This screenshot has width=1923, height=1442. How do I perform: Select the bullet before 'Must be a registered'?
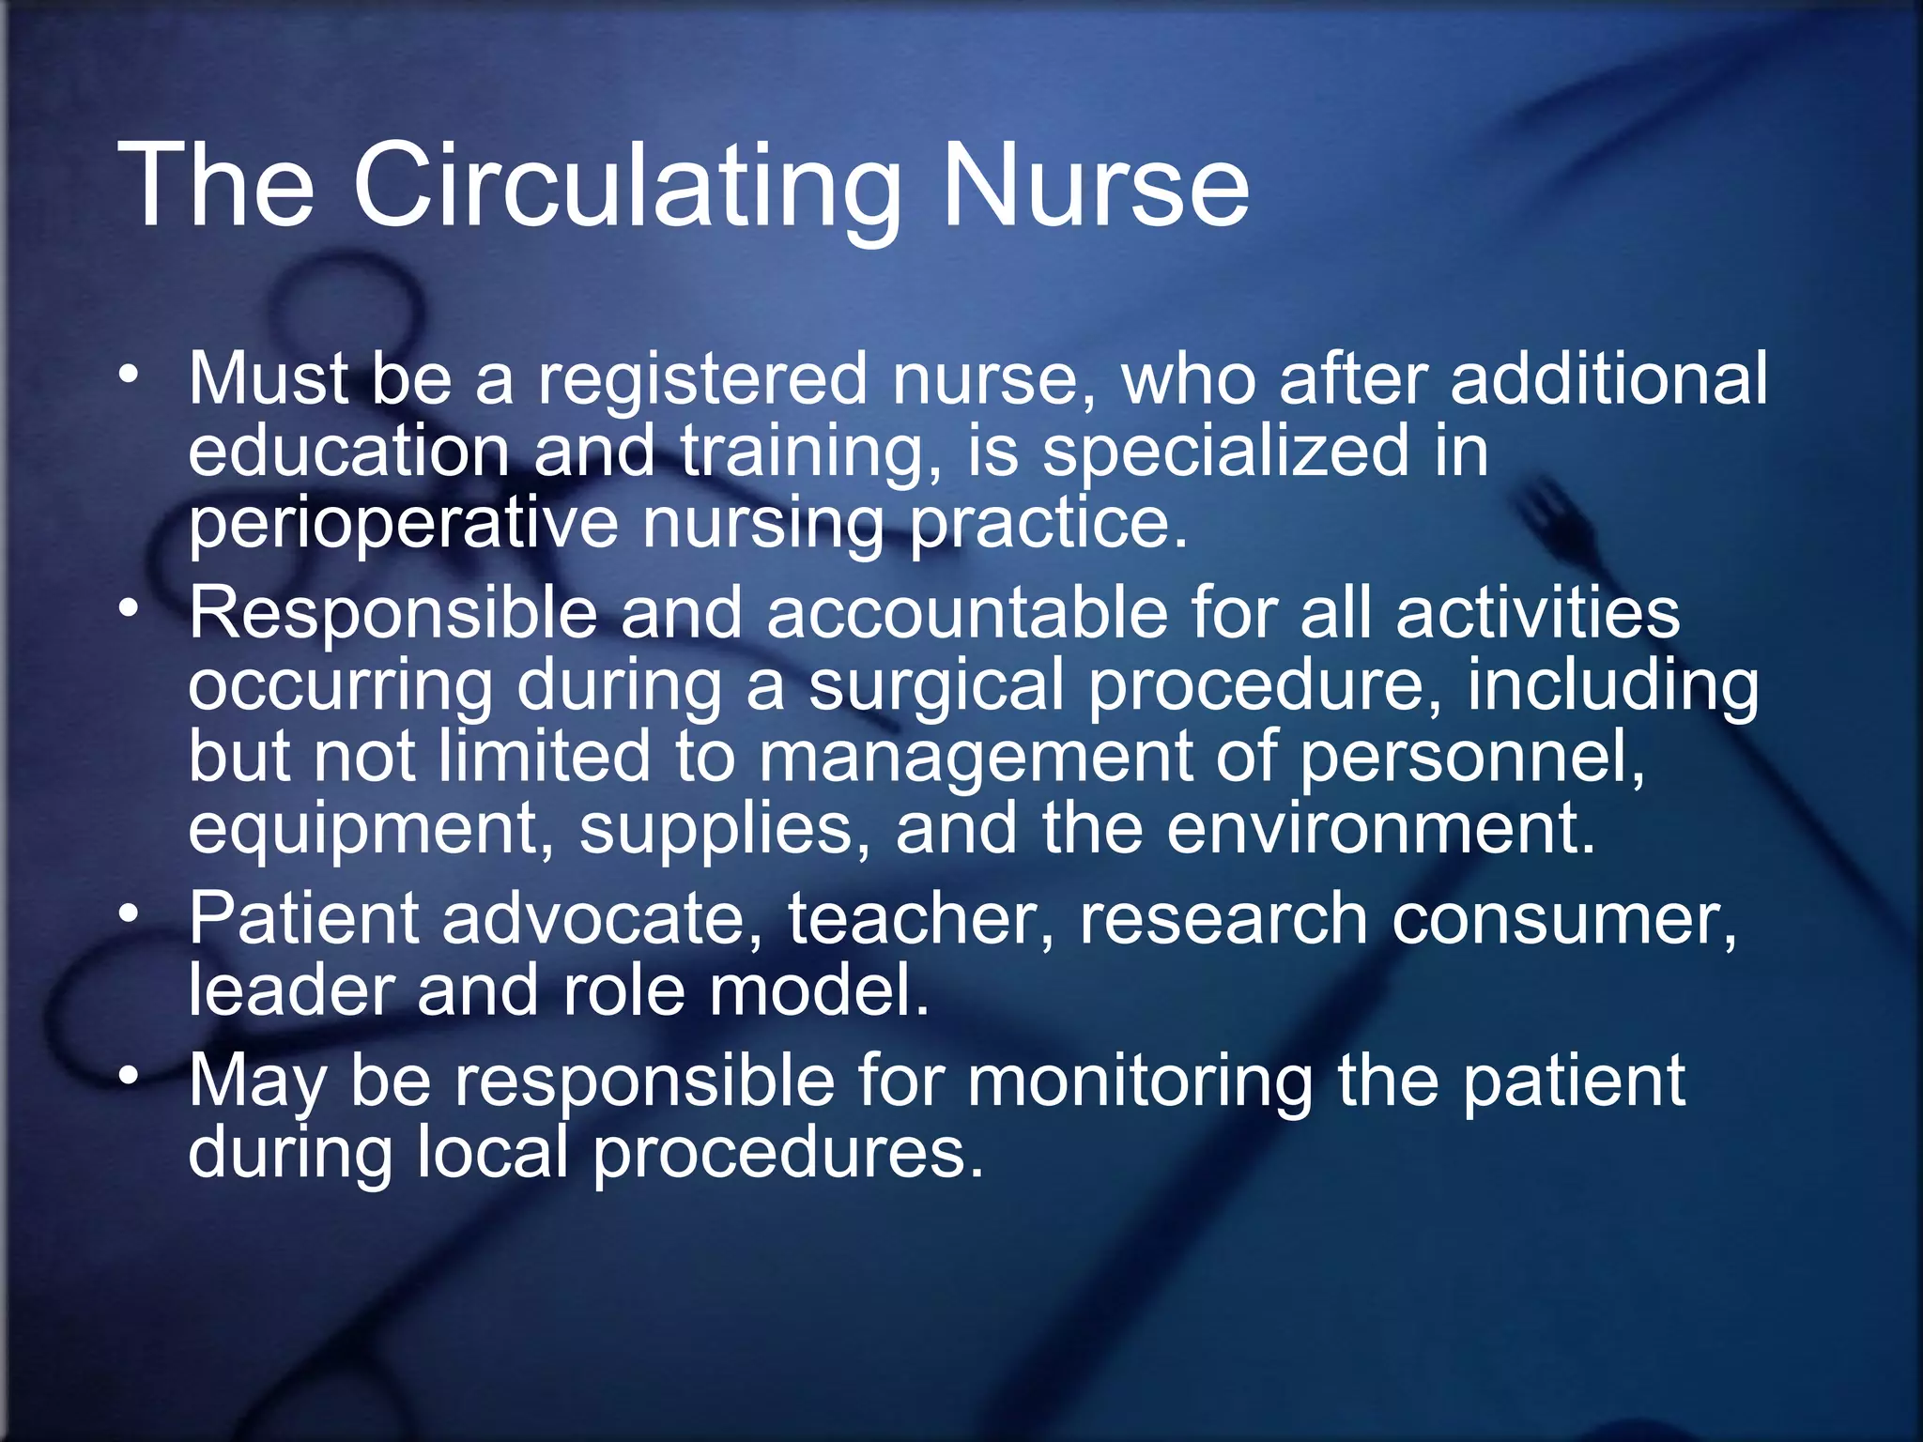(130, 376)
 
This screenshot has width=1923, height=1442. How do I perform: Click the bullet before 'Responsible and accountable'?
(130, 609)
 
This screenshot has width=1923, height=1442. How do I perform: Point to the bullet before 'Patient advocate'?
(130, 914)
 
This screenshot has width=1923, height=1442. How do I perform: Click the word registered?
(702, 378)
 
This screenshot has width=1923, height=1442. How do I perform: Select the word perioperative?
(404, 523)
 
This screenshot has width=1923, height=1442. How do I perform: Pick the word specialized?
(1225, 451)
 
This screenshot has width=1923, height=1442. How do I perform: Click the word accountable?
(967, 613)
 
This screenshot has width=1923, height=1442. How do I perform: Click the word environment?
(1380, 830)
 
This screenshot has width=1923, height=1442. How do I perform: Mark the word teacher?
(920, 918)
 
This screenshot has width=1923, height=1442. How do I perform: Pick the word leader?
(290, 990)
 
